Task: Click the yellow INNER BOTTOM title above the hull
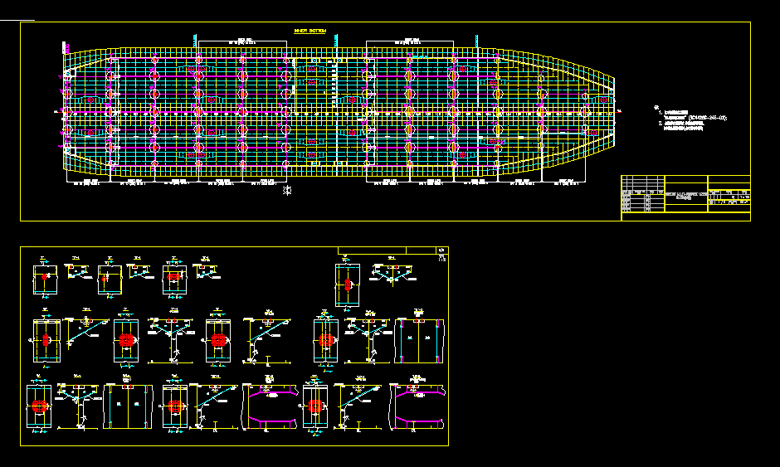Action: point(310,31)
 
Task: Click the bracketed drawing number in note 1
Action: point(707,119)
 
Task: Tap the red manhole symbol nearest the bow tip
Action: point(586,108)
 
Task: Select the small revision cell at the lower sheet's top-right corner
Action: point(441,250)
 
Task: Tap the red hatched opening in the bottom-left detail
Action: point(41,407)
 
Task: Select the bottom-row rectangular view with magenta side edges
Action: point(127,406)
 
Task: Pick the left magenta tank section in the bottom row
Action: point(269,406)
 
